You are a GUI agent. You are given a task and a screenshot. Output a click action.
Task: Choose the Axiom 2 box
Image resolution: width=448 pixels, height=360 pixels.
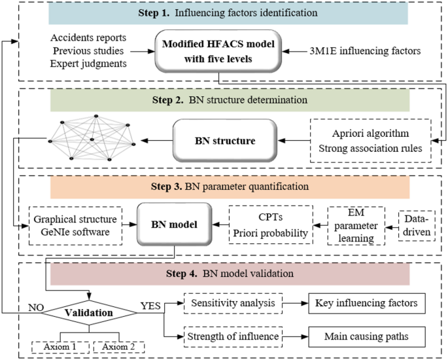pyautogui.click(x=118, y=345)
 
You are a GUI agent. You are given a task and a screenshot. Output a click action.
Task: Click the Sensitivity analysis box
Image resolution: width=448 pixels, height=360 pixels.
pyautogui.click(x=233, y=303)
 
